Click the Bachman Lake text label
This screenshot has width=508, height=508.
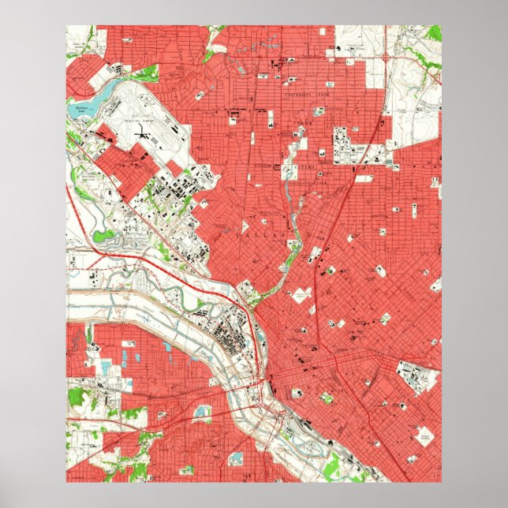(x=80, y=109)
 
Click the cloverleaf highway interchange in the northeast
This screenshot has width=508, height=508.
(x=384, y=58)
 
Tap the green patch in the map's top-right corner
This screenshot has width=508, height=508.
(x=433, y=32)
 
